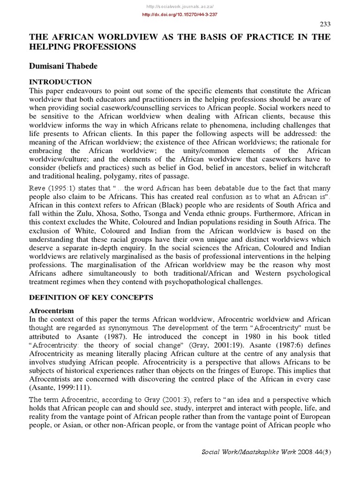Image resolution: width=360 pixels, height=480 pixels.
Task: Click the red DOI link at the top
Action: [180, 15]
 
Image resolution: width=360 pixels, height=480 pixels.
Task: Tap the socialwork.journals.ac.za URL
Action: [180, 5]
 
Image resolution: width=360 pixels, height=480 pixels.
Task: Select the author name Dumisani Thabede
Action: [63, 67]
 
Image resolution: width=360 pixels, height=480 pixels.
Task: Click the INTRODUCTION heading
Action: [60, 82]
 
